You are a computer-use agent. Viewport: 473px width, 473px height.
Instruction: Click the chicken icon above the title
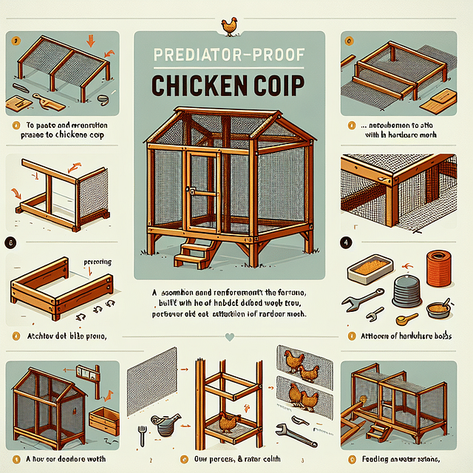click(x=230, y=26)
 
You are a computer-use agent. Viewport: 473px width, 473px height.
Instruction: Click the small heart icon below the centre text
click(x=230, y=336)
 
